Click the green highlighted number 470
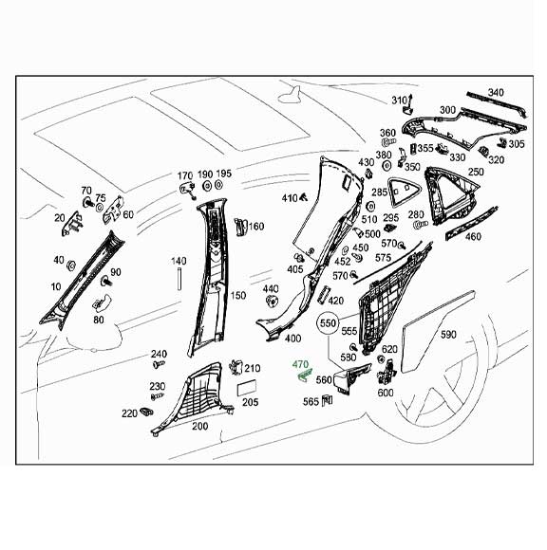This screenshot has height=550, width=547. [301, 364]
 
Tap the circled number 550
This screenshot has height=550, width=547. [329, 322]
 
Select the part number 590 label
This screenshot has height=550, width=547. [448, 335]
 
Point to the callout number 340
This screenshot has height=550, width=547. [496, 92]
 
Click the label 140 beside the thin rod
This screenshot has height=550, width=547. [179, 261]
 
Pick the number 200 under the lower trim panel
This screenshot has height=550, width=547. [199, 427]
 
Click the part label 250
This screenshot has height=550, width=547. [476, 174]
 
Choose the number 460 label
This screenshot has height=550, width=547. [473, 237]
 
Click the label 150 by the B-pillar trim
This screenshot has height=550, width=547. [237, 296]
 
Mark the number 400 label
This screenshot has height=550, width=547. [292, 339]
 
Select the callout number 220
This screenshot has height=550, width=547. [128, 413]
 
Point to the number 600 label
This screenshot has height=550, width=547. [386, 393]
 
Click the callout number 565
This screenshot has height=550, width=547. [310, 402]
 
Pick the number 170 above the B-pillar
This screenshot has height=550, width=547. [186, 175]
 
